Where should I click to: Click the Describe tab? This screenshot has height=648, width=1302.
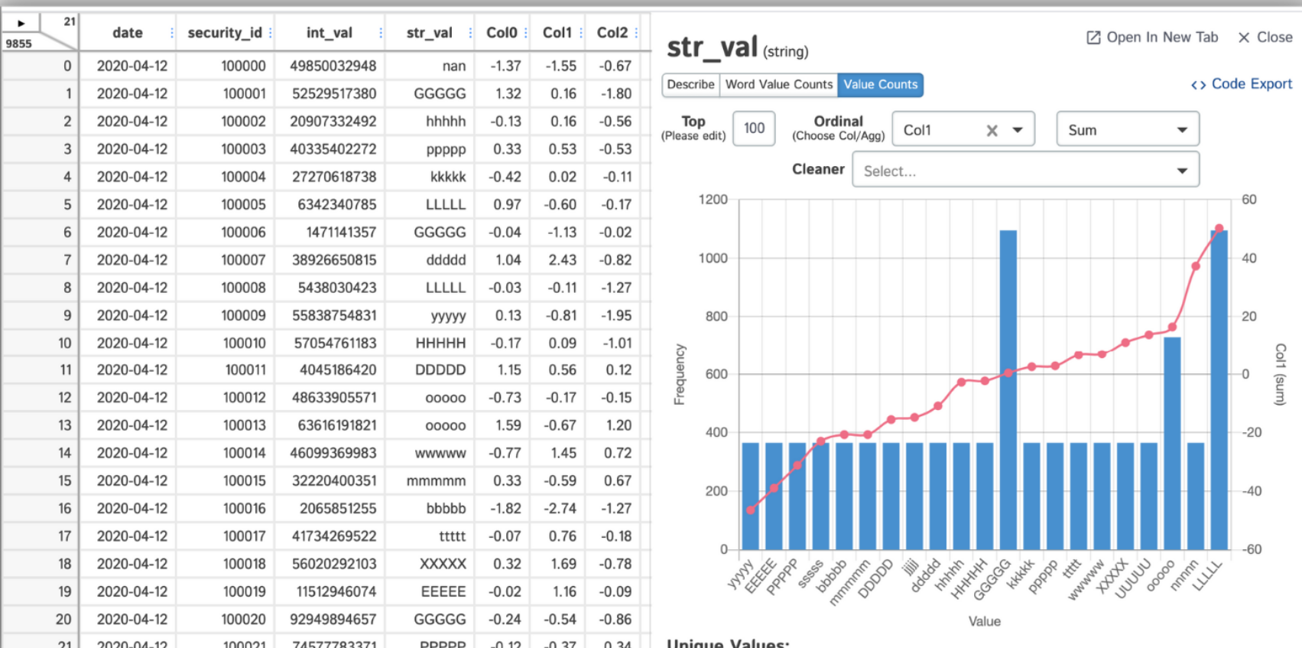click(x=690, y=84)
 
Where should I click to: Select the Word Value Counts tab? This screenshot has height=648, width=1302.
click(x=778, y=84)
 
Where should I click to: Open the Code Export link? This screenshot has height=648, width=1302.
click(x=1242, y=84)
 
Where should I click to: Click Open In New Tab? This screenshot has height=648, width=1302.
click(x=1152, y=37)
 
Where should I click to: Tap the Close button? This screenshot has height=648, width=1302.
click(x=1265, y=37)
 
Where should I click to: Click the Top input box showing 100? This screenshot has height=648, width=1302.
click(x=754, y=129)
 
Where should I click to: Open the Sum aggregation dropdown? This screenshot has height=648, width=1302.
click(x=1127, y=129)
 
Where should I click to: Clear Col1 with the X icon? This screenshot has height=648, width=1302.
click(x=992, y=130)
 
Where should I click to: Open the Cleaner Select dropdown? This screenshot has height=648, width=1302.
click(x=1024, y=171)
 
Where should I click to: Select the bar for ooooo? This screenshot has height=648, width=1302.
click(x=1172, y=444)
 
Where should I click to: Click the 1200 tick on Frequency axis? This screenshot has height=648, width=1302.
click(x=713, y=200)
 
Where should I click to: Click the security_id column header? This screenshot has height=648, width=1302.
click(x=225, y=33)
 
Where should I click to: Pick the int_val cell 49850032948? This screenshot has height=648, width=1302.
click(x=333, y=66)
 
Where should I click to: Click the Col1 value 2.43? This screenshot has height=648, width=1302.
click(x=562, y=260)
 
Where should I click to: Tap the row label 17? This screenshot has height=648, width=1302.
click(x=65, y=536)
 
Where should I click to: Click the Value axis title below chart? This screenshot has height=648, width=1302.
click(x=984, y=621)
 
